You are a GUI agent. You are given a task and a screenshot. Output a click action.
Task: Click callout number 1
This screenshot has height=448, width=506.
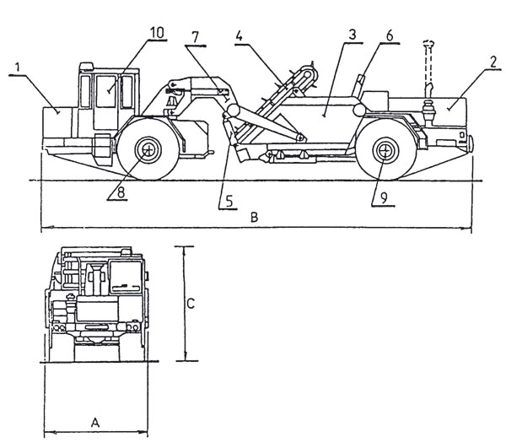tap(18, 67)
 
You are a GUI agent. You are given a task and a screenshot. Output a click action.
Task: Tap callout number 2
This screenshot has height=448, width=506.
tap(493, 62)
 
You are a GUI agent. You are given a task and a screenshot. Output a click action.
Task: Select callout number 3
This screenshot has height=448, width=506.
tap(352, 35)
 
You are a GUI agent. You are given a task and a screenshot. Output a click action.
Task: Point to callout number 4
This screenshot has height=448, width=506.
tap(239, 35)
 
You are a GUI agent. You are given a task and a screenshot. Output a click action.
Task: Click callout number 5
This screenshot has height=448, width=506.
tap(229, 201)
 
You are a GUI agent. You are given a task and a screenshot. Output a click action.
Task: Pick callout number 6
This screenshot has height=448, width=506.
tap(390, 35)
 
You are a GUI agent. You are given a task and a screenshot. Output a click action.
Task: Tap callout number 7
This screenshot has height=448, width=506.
tap(195, 37)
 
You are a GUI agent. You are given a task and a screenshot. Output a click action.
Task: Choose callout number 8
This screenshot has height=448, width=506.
tap(121, 192)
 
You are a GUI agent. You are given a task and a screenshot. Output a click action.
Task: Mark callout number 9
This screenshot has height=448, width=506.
tap(384, 198)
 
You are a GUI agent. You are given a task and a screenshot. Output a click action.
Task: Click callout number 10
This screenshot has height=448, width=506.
tap(157, 33)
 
